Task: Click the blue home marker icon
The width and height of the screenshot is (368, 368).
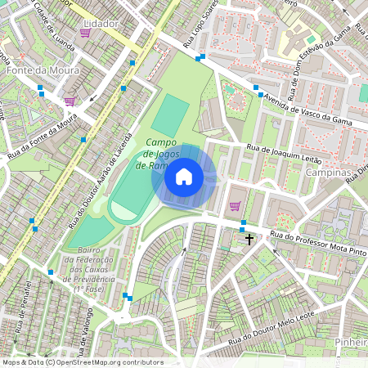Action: click(x=184, y=177)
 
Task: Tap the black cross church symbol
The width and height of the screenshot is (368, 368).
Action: click(x=249, y=240)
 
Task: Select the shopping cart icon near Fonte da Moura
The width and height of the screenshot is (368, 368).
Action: click(x=70, y=101)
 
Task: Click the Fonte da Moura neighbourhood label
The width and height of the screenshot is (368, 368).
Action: click(x=43, y=70)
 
